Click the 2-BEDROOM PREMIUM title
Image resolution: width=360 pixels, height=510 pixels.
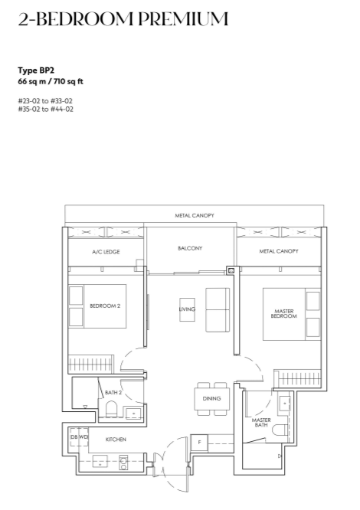[123, 19]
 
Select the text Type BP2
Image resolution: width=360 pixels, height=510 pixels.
[36, 70]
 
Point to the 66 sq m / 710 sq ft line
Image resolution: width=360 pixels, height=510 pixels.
[51, 81]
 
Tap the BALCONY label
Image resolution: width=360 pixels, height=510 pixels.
[190, 248]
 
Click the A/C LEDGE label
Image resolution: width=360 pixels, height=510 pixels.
[106, 252]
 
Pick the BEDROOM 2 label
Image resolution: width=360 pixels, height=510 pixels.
[105, 306]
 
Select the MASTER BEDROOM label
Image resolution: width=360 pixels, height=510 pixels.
[284, 313]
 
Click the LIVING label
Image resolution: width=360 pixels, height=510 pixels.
[187, 309]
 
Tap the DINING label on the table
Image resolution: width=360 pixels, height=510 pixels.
[211, 398]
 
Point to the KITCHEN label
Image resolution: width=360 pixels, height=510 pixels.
[116, 440]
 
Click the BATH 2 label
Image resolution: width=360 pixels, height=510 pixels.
[113, 393]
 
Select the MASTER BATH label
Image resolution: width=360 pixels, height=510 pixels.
[261, 423]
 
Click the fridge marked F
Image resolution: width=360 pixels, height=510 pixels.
[199, 443]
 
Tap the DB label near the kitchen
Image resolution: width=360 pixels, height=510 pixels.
[74, 436]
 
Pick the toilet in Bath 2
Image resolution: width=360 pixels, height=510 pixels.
[111, 408]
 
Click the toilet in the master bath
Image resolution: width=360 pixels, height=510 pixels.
[280, 430]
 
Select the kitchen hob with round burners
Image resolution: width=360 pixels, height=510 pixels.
[123, 463]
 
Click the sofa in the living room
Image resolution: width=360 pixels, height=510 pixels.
[218, 309]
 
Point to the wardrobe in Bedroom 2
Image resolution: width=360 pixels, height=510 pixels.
[90, 364]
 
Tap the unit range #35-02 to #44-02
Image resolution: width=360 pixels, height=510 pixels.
[45, 110]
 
